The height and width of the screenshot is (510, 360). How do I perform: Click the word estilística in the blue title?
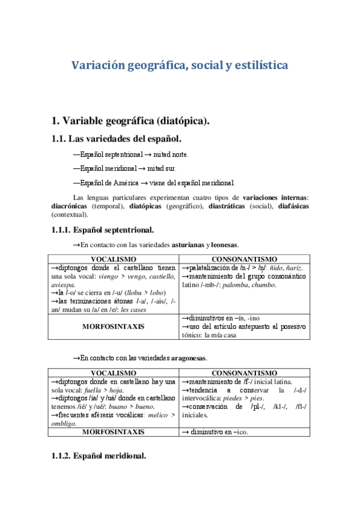point(258,64)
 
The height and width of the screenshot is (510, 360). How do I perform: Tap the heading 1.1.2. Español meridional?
point(99,456)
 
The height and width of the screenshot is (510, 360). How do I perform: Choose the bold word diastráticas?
point(232,206)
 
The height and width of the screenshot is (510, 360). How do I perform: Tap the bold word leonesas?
point(224,245)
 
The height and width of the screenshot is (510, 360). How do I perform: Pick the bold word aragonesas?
point(188,358)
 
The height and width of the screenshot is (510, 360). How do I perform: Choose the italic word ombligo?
point(68,423)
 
